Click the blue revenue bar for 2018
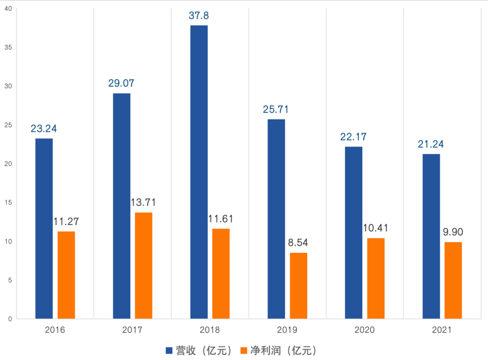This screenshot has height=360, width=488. pos(199,172)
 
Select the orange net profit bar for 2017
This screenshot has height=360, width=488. pos(144,265)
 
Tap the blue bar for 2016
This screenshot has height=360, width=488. pos(44,228)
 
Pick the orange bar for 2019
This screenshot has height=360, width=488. pos(299,286)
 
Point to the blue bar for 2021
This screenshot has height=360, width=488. pos(431,236)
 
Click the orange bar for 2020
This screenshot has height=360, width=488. pos(376,278)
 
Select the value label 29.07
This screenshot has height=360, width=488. pos(121,84)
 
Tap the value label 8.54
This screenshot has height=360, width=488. pos(298,242)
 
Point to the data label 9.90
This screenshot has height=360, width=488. pos(453,232)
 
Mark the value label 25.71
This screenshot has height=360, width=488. pos(276,109)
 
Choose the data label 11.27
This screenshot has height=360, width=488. pos(66,222)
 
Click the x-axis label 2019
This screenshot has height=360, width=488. pos(287,330)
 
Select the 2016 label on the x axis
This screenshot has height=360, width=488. pos(55,330)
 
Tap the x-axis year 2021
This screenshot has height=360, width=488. pos(442,330)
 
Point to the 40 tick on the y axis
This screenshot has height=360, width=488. pos(8,9)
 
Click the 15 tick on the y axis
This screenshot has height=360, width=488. pos(8,203)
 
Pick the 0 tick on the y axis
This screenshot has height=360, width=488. pos(9,319)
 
